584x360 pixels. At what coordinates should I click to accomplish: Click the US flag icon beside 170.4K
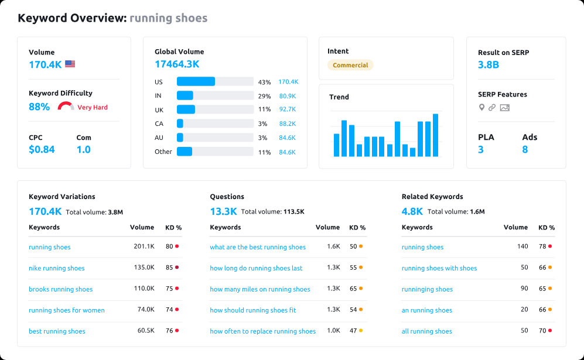70,64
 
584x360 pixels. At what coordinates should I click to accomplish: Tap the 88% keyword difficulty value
39,107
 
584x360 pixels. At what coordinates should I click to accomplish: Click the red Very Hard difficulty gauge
66,107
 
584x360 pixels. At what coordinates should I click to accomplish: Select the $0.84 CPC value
42,149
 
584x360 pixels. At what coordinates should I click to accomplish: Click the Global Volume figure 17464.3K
177,64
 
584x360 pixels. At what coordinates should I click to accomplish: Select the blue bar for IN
185,95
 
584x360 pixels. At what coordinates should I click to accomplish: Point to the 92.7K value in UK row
287,109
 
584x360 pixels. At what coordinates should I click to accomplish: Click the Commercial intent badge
350,66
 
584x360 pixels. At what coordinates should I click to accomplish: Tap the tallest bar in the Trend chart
435,135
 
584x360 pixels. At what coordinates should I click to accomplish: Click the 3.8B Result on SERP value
489,65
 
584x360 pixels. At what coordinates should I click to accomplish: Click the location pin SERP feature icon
482,108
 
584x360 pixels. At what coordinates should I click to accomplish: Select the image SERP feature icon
505,108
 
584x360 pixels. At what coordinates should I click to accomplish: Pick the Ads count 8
525,149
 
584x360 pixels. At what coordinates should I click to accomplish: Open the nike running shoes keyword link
57,268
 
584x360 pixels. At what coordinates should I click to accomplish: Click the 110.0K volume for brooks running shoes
144,289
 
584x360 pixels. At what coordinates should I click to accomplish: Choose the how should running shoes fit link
253,310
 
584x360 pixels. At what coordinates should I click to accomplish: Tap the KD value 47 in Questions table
353,331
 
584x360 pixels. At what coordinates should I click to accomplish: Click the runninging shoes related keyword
427,289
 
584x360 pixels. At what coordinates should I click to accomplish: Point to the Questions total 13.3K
223,211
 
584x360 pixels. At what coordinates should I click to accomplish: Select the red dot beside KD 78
550,246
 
